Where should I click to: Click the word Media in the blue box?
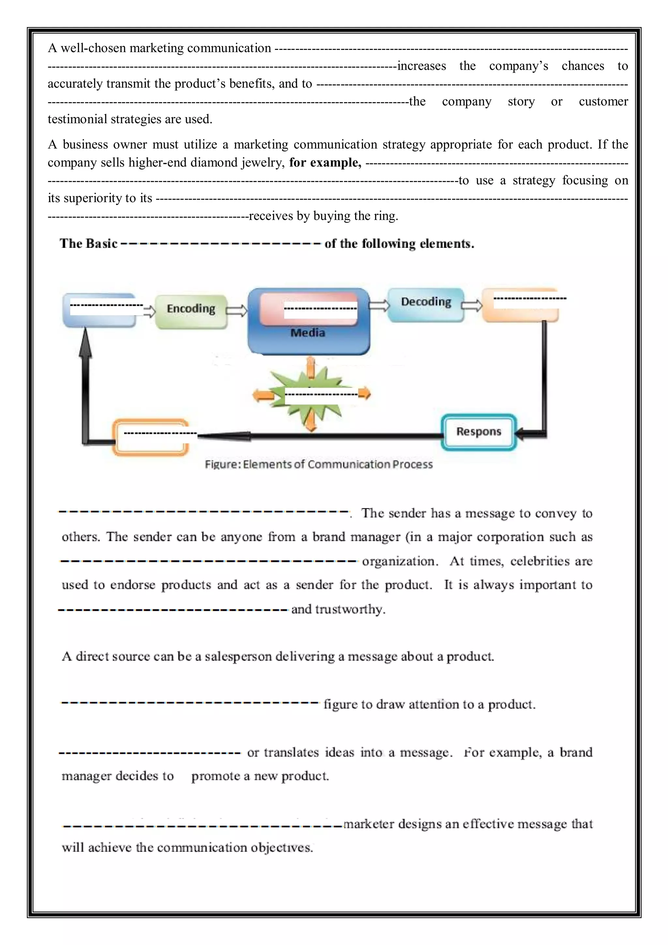pos(308,333)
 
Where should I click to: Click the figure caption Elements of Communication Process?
pos(319,465)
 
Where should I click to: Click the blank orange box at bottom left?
pos(151,437)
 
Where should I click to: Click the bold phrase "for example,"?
pos(325,163)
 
